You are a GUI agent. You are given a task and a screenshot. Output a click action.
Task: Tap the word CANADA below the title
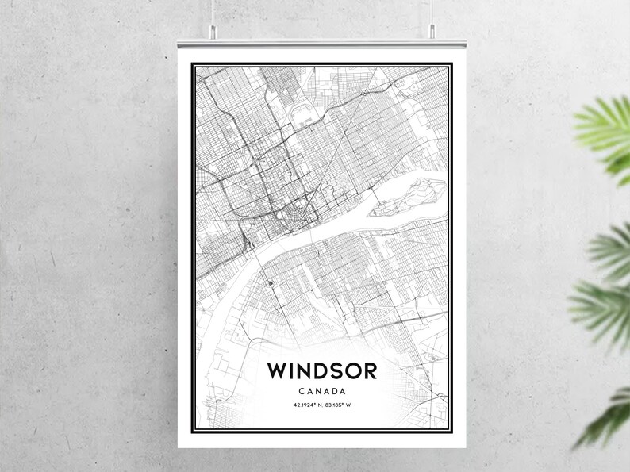[321, 391]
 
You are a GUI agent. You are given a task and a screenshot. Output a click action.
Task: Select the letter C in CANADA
[303, 391]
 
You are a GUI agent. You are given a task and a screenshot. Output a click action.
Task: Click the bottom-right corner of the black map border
[451, 431]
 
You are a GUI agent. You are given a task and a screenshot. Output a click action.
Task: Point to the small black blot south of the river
[270, 283]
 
